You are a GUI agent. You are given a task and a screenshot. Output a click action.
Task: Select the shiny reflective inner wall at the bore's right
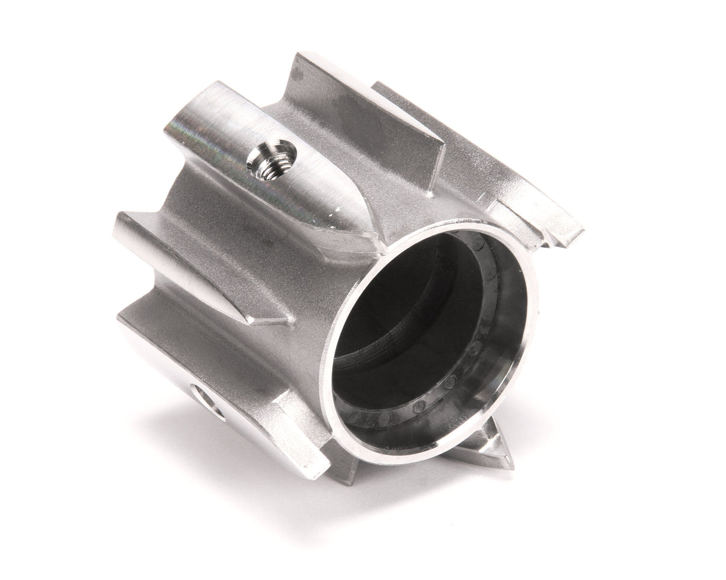pos(508,335)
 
